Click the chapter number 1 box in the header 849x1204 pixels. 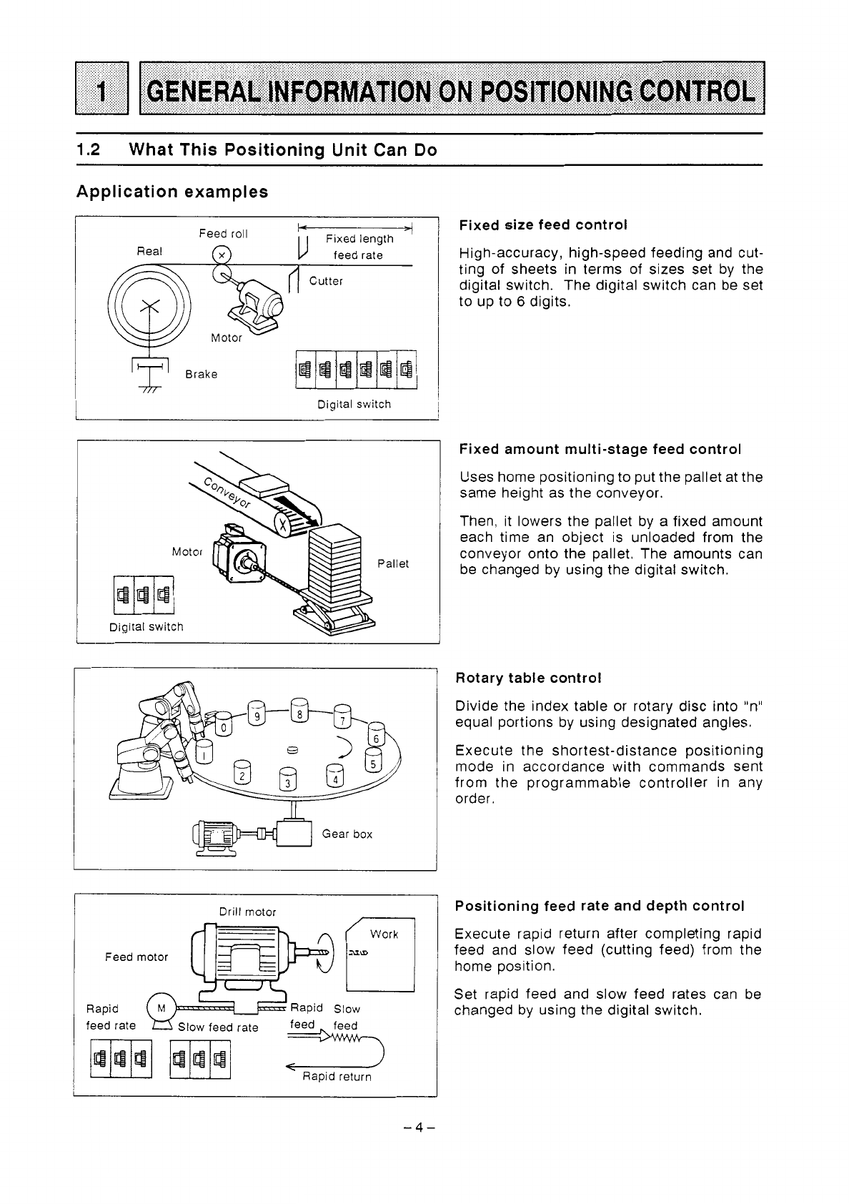pos(101,88)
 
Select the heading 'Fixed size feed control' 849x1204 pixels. pos(542,224)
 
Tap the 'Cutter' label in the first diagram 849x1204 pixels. pos(326,281)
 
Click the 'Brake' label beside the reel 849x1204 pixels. pos(201,374)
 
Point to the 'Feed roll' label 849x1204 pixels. pos(223,234)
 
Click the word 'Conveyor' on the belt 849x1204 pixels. pos(227,492)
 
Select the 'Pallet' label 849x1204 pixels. pos(393,563)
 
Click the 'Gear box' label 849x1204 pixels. pos(347,834)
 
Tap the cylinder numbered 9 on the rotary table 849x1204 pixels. pos(257,714)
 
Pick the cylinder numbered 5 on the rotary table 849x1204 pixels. pos(373,761)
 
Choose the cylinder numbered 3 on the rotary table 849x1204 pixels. pos(288,779)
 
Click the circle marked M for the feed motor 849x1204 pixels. pos(162,1008)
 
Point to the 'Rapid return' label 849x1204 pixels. pos(337,1076)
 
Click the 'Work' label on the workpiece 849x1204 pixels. pos(384,934)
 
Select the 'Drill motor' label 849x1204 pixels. pos(247,912)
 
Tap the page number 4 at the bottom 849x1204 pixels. pos(419,1127)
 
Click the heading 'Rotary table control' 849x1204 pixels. pos(528,678)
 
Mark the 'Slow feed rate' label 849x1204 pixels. pos(218,1027)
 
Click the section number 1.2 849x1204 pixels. pos(88,149)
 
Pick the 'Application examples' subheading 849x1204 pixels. pos(172,192)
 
